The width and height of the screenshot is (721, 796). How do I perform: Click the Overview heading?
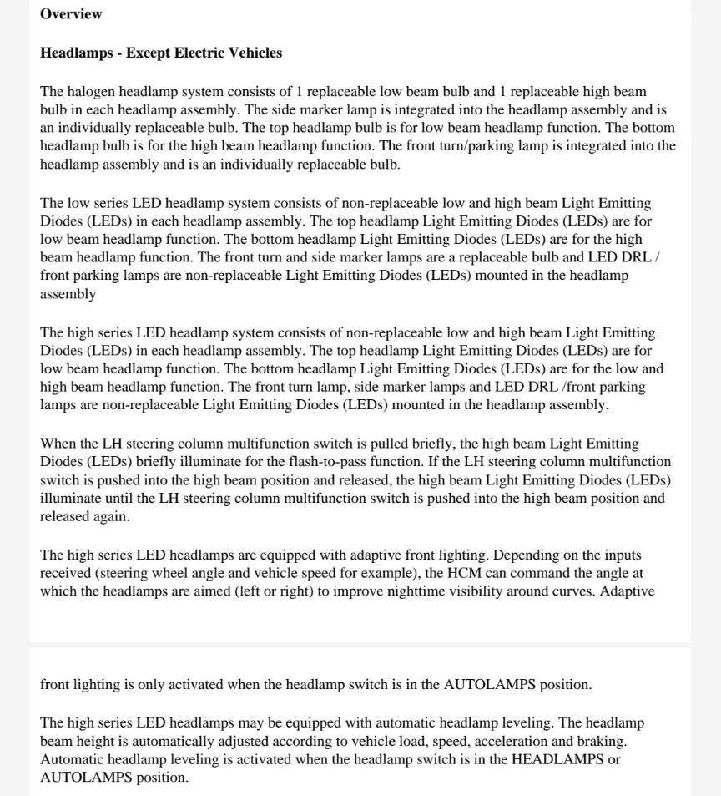click(71, 14)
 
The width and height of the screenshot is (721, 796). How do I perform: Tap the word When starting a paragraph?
click(58, 444)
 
